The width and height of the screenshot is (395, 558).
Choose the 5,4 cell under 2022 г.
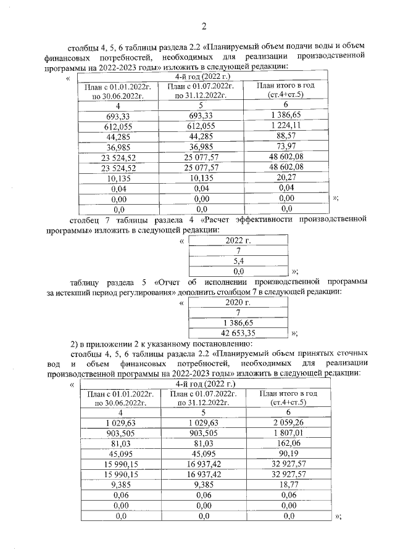238,261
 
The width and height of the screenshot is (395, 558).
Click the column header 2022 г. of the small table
238,240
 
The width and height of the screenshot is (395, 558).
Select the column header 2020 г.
238,303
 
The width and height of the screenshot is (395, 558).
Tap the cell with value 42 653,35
238,333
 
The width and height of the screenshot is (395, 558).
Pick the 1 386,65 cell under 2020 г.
238,323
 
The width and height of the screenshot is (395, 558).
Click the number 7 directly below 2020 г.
238,313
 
